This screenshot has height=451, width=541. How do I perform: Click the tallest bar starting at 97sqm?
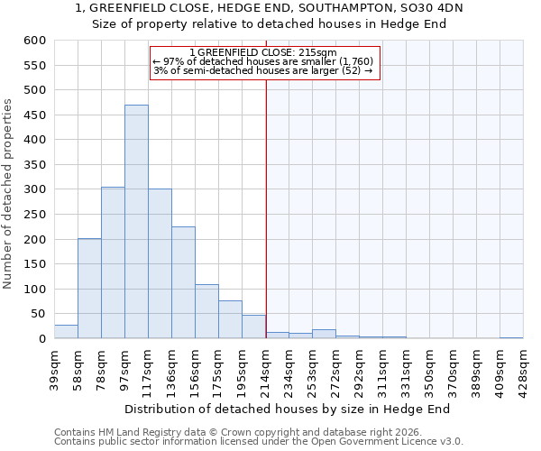pos(136,222)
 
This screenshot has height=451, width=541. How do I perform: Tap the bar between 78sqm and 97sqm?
pos(113,262)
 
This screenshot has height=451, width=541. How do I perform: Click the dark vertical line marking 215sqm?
pos(266,207)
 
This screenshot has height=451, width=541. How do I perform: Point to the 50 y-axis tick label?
pos(38,315)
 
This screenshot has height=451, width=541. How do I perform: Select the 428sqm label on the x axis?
pos(523,366)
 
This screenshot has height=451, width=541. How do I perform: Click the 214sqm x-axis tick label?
pos(265,366)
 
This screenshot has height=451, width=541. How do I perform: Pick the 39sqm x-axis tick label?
pos(54,366)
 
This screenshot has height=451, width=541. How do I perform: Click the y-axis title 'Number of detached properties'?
pos(8,195)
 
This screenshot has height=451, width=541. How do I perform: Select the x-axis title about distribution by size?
pos(287,409)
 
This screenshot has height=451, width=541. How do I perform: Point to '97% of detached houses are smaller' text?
pos(263,60)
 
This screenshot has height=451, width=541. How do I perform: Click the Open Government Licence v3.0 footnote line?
pos(259,442)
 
